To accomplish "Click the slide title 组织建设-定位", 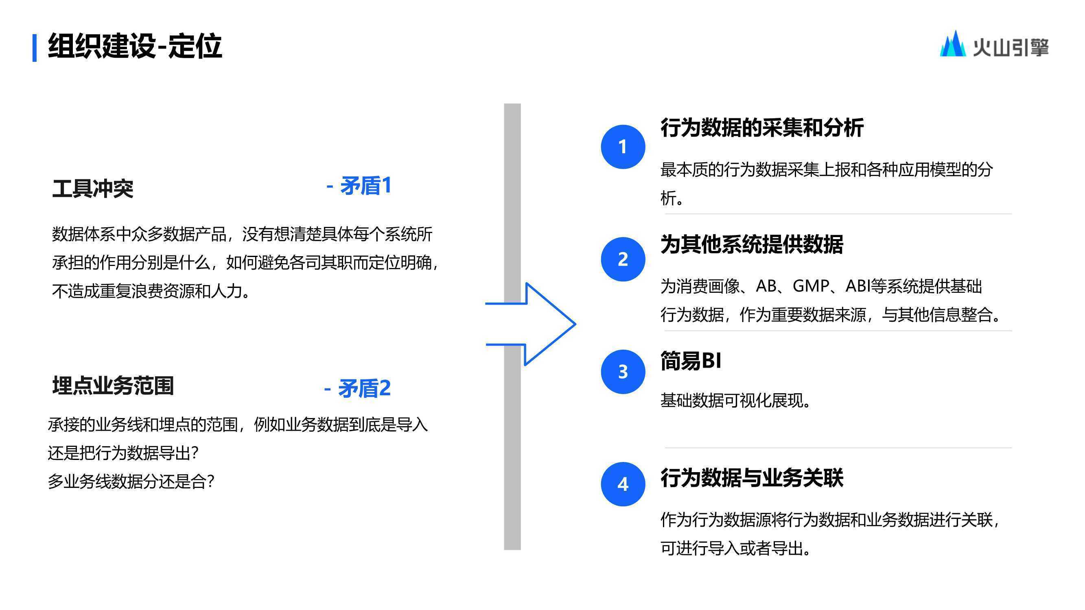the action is click(135, 46).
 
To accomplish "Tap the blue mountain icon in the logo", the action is click(953, 44).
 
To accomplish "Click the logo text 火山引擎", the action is click(1011, 47).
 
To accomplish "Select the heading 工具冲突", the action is click(93, 188).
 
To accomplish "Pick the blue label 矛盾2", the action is click(358, 388).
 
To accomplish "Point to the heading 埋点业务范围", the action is click(113, 386).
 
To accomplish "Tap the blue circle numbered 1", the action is click(623, 147).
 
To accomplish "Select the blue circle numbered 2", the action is click(623, 259).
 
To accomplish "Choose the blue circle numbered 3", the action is click(623, 372).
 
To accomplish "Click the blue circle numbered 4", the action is click(623, 484).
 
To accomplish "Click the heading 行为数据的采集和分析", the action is click(762, 128).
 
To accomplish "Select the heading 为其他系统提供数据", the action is click(752, 244).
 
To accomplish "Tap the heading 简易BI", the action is click(691, 361).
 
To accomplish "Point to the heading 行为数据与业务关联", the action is click(752, 478).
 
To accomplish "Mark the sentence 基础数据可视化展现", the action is click(735, 400).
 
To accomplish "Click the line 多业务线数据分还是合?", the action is click(131, 481).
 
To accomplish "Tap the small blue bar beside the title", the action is click(35, 48).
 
